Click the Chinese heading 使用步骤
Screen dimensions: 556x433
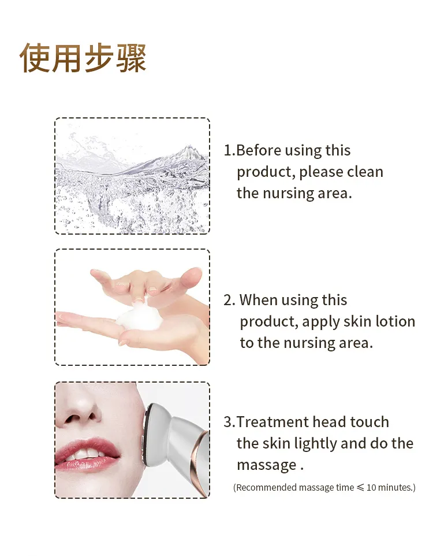point(83,58)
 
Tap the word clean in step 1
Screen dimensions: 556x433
point(365,172)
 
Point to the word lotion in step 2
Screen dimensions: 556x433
point(395,321)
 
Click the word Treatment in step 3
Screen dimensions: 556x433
point(273,422)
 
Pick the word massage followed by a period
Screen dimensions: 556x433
point(266,465)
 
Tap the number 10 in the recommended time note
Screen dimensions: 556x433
point(372,488)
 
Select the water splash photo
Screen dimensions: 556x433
point(132,176)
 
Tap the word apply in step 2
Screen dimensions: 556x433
point(320,322)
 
